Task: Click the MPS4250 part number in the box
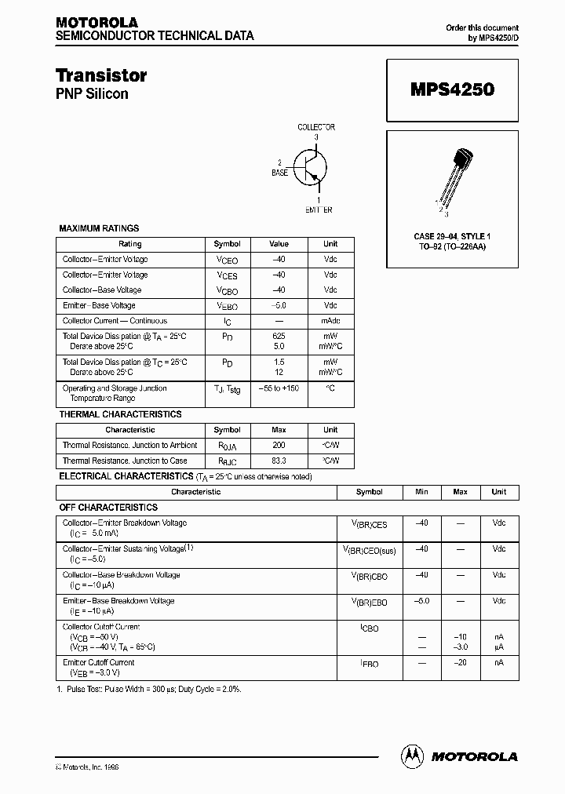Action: click(452, 90)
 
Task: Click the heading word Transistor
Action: click(101, 75)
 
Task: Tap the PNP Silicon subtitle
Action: click(92, 94)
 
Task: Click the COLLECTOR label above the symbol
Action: click(316, 127)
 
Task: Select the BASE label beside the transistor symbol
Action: click(279, 172)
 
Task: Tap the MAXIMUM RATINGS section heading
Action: click(99, 228)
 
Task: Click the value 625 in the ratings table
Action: click(279, 336)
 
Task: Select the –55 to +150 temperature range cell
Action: click(279, 388)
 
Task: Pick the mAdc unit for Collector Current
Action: click(330, 321)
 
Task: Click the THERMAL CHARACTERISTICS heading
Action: click(120, 414)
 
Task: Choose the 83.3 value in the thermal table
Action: click(279, 461)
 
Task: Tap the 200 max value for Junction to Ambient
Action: click(279, 445)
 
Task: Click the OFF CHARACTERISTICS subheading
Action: click(108, 508)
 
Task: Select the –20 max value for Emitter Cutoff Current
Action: click(461, 663)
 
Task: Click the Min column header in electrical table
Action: click(421, 492)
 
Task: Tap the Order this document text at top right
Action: click(482, 27)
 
